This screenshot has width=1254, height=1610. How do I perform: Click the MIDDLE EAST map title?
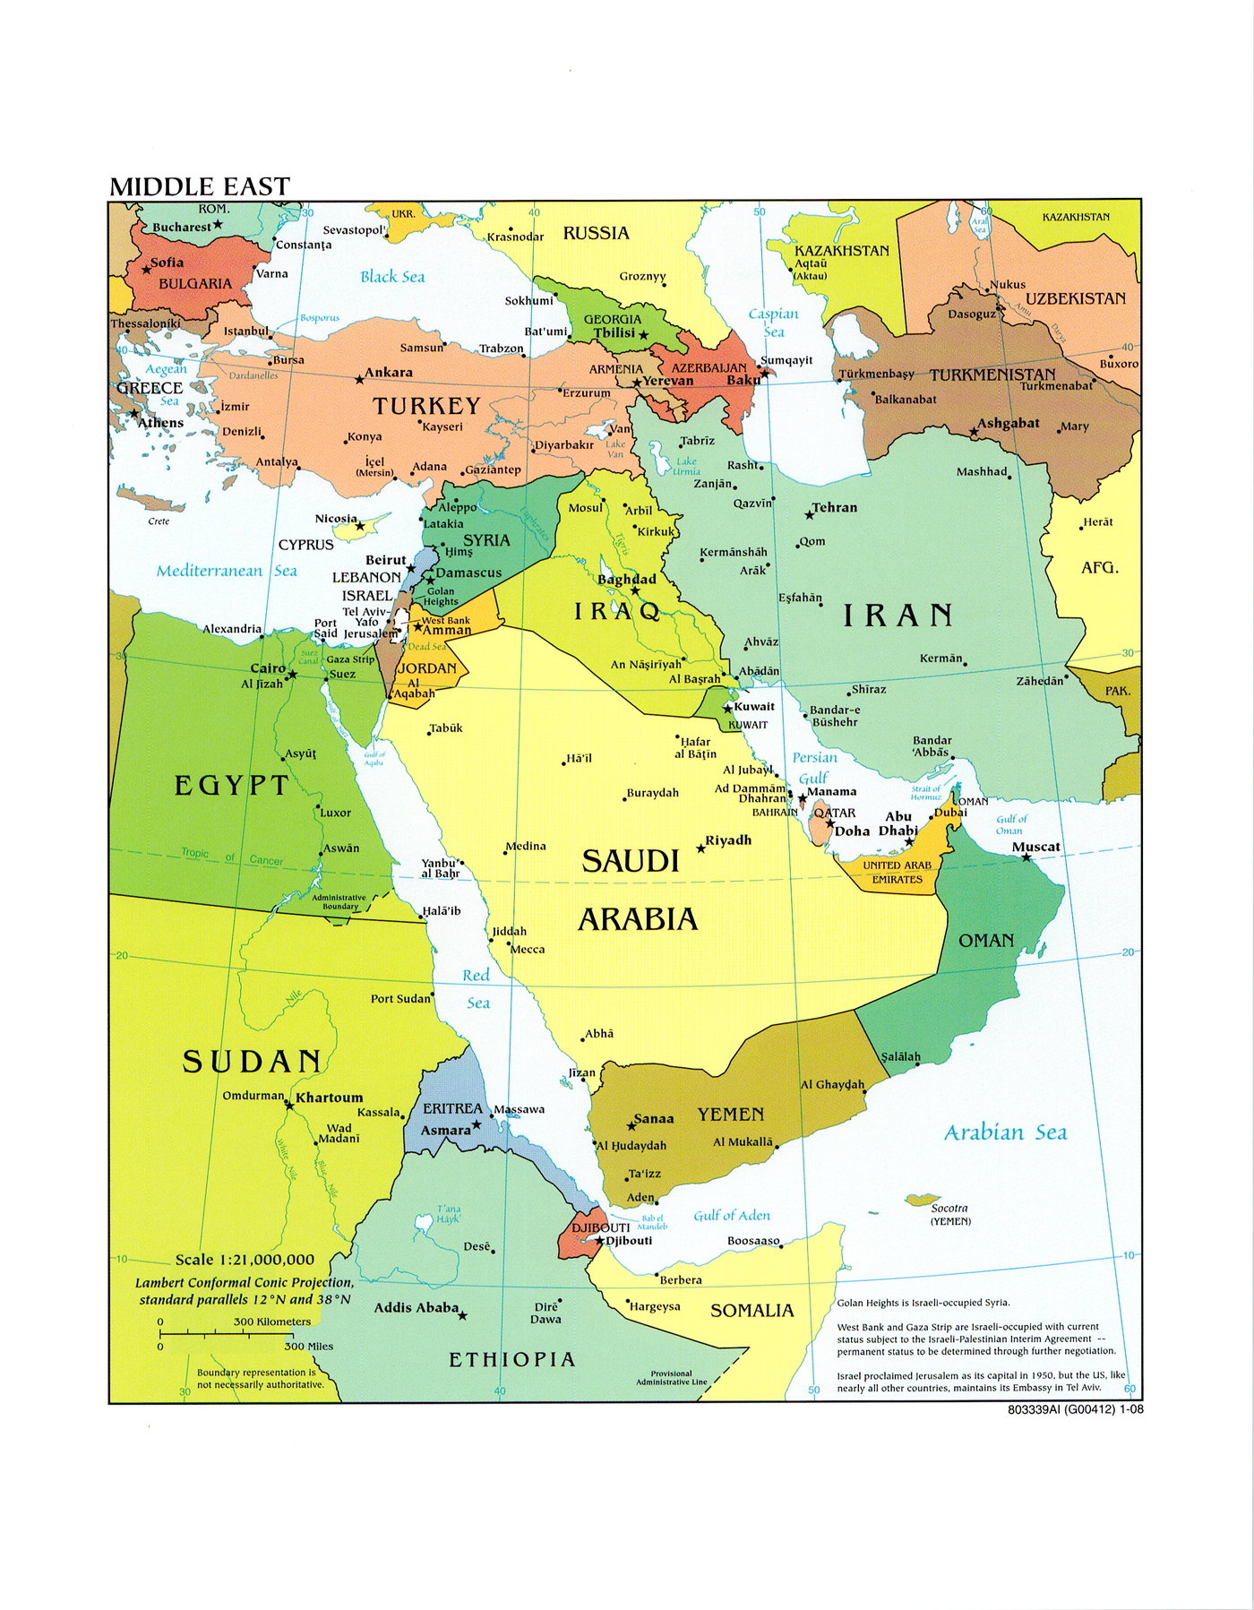pos(200,186)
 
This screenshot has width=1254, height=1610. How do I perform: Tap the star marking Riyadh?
pos(701,848)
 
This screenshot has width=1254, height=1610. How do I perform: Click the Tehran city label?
pos(834,507)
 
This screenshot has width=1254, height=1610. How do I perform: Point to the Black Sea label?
pos(392,277)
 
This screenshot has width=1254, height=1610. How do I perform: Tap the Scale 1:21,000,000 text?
pos(245,1259)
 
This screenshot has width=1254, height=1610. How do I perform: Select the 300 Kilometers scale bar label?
pos(272,1322)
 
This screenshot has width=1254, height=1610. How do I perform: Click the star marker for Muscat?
pos(1026,858)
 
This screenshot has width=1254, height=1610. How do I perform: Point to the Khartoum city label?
pos(330,1098)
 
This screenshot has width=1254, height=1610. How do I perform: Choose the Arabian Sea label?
pos(1005,1132)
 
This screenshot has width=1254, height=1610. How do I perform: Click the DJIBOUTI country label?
pos(600,1227)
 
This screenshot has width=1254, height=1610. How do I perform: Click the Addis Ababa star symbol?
pos(462,1316)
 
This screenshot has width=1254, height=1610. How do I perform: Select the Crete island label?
pos(159,521)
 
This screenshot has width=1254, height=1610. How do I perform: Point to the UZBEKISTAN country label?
pos(1075,298)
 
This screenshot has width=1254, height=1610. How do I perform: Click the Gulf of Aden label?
pos(732,1216)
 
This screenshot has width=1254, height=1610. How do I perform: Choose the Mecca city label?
pos(528,950)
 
